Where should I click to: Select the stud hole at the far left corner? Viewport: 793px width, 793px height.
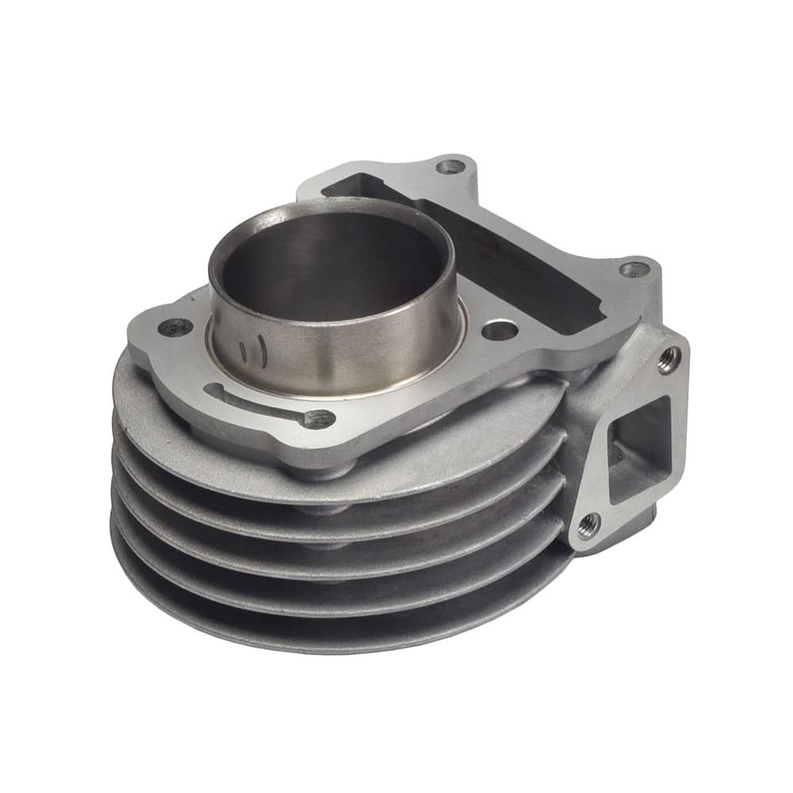(x=175, y=326)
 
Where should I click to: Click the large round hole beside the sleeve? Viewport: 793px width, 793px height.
(x=498, y=328)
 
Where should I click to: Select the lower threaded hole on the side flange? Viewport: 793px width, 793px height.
(x=588, y=524)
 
